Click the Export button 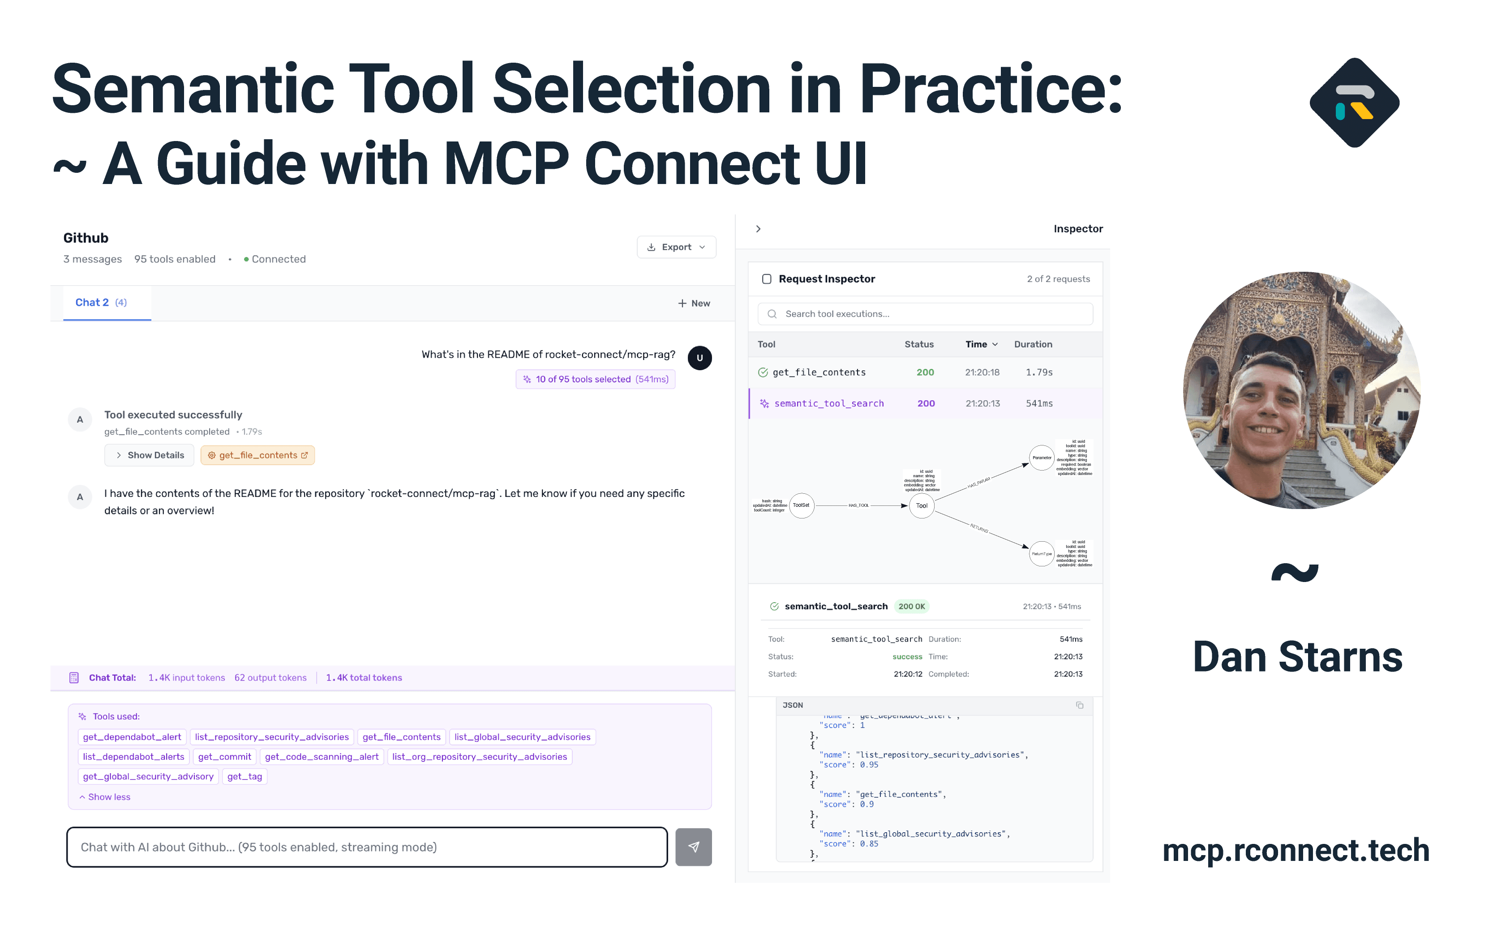point(676,247)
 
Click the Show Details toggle point(150,455)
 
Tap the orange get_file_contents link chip point(257,455)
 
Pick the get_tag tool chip point(245,776)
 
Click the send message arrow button point(693,847)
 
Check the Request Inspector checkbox point(767,279)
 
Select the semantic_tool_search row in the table point(828,403)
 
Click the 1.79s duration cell point(1039,372)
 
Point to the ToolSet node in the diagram point(801,505)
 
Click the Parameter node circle point(1041,458)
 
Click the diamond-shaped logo point(1354,103)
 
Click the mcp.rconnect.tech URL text point(1296,850)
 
